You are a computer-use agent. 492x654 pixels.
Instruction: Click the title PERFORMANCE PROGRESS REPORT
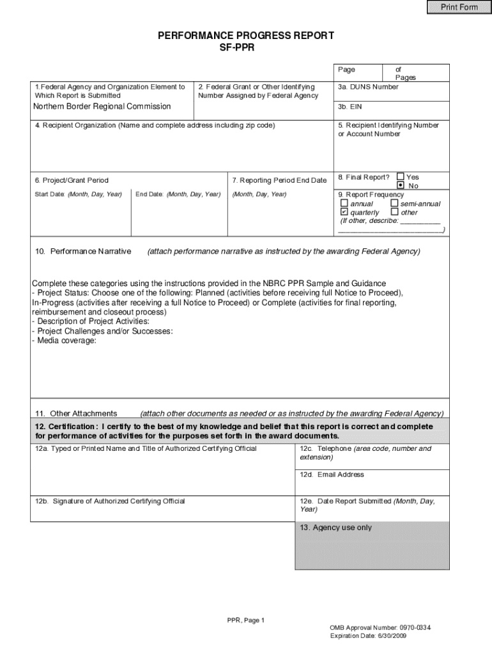click(246, 36)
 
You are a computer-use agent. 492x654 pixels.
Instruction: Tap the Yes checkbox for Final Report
click(401, 177)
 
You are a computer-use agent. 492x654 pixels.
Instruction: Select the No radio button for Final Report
click(401, 185)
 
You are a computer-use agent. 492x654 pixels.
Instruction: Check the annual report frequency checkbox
click(344, 204)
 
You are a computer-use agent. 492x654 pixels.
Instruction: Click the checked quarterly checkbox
click(344, 212)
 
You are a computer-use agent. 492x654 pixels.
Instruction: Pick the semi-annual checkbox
click(394, 204)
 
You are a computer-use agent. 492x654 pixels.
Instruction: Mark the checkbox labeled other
click(394, 212)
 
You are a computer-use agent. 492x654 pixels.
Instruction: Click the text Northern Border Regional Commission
click(102, 107)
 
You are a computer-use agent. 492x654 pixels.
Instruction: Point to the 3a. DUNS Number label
click(368, 87)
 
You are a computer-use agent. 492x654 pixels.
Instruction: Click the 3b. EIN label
click(350, 107)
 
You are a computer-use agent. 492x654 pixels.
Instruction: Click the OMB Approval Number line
click(380, 628)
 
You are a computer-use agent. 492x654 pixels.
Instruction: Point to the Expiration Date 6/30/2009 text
click(367, 636)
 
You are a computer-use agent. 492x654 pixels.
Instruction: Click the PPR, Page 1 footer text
click(245, 620)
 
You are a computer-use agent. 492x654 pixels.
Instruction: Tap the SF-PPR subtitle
click(246, 47)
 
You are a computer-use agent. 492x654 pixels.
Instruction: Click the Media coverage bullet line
click(64, 341)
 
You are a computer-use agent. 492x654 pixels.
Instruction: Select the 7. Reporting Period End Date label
click(279, 181)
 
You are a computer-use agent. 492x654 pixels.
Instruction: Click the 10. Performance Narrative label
click(83, 252)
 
